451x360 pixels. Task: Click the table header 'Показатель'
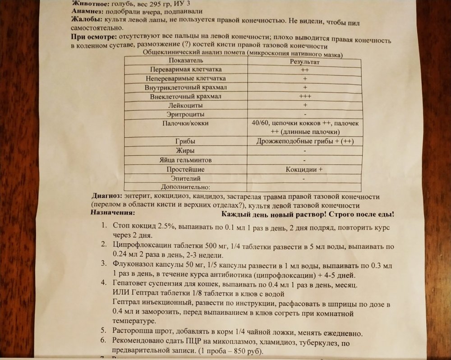pyautogui.click(x=186, y=61)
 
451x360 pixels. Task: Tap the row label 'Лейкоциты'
pyautogui.click(x=186, y=105)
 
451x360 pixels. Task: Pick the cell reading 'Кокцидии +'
pyautogui.click(x=304, y=169)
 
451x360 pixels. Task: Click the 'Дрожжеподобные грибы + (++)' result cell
pyautogui.click(x=304, y=141)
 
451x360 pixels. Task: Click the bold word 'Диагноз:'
pyautogui.click(x=106, y=196)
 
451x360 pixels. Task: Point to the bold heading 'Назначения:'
pyautogui.click(x=112, y=212)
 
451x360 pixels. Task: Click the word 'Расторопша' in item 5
pyautogui.click(x=133, y=333)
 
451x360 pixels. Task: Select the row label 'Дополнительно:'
pyautogui.click(x=186, y=187)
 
